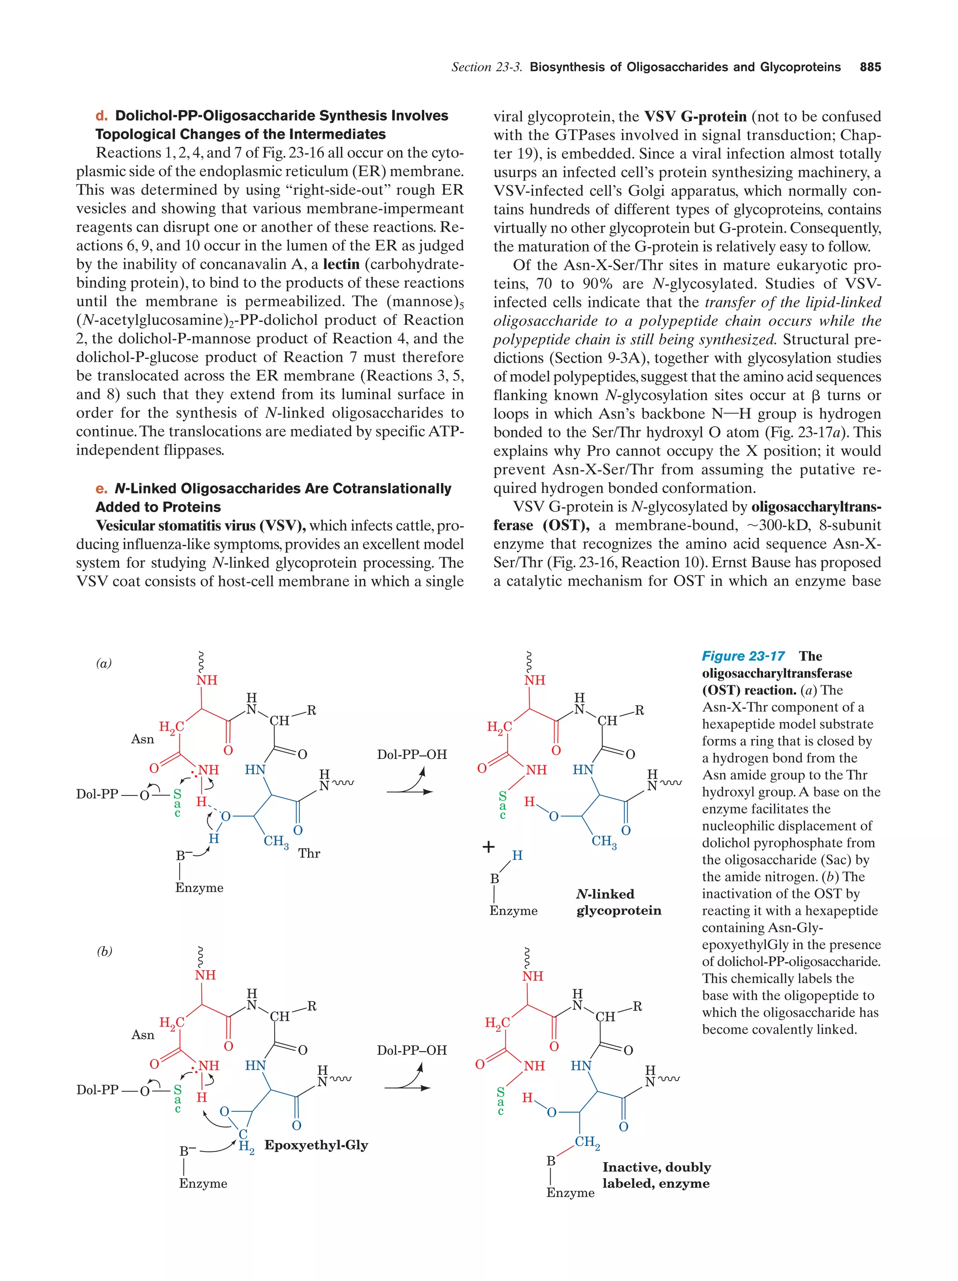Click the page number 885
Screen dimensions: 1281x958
coord(870,67)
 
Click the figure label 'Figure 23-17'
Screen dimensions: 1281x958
coord(743,656)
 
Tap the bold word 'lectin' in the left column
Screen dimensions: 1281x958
coord(341,264)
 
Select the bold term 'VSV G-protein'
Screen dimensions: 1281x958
coord(695,116)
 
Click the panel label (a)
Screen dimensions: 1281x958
coord(104,664)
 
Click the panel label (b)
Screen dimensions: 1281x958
coord(104,951)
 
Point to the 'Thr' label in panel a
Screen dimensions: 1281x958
coord(309,853)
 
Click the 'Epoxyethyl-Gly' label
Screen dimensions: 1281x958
coord(316,1145)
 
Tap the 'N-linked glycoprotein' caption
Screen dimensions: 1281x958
coord(618,902)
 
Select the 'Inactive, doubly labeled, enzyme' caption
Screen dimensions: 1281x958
coord(656,1175)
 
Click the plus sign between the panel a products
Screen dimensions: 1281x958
coord(488,847)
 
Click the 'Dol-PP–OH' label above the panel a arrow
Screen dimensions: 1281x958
coord(412,755)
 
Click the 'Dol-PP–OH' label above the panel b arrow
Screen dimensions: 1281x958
coord(412,1050)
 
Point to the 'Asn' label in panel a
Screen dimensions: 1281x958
coord(143,739)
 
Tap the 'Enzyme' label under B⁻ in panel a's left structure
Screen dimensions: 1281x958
coord(199,888)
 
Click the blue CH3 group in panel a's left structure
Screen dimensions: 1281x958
coord(276,841)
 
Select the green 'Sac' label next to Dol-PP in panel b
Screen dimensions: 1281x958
coord(177,1099)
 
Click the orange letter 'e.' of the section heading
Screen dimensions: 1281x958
coord(102,489)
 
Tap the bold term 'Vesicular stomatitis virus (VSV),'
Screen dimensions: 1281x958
coord(201,526)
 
